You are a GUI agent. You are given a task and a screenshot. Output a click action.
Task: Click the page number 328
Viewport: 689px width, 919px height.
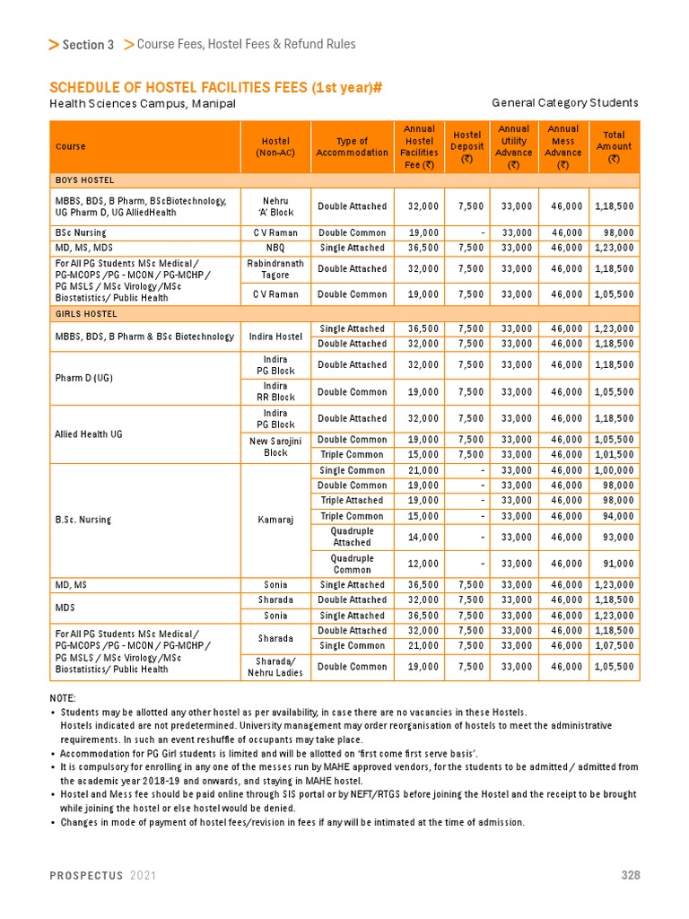coord(630,876)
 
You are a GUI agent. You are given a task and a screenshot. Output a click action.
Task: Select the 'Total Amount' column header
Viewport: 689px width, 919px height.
coord(614,146)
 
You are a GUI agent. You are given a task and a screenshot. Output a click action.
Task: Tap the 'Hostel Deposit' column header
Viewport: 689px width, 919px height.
coord(467,146)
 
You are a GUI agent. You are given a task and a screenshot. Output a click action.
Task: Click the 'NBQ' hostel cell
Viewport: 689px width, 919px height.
coord(275,248)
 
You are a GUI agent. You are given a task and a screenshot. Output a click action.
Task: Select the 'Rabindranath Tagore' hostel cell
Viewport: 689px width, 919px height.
coord(275,268)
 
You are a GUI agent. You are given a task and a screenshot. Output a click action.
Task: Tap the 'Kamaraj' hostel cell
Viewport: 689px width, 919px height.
coord(275,519)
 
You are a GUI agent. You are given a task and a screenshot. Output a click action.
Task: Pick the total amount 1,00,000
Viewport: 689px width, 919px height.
coord(614,470)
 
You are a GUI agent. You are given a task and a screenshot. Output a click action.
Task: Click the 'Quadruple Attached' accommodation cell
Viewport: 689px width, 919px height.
coord(352,537)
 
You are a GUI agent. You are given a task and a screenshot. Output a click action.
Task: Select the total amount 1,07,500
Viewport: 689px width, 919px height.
coord(614,645)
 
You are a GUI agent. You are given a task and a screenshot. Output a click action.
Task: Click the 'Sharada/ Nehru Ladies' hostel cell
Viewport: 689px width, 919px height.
coord(275,667)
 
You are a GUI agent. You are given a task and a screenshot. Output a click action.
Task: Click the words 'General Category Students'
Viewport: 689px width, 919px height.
coord(565,103)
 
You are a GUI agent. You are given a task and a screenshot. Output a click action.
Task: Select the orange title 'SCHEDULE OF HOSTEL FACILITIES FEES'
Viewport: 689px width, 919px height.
coord(215,87)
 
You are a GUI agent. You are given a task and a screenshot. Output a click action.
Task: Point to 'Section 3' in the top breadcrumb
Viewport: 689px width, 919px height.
coord(87,45)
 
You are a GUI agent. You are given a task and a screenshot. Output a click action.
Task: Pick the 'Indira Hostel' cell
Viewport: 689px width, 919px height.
coord(275,337)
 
